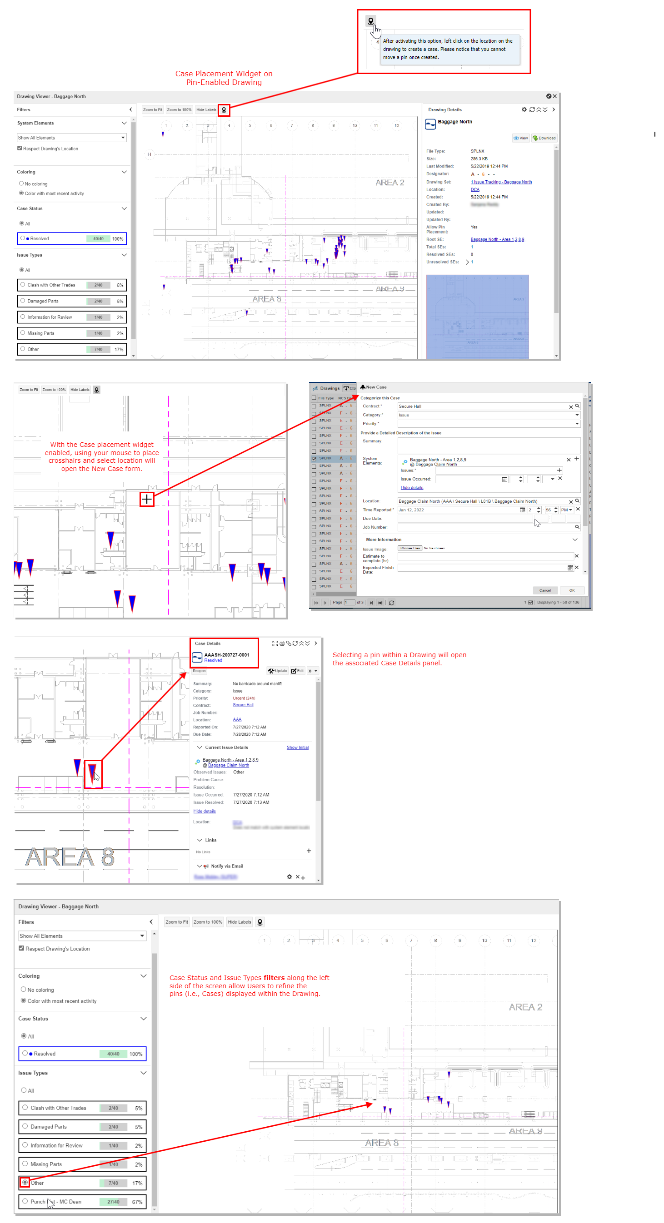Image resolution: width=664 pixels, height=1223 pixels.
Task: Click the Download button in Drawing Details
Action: coord(544,138)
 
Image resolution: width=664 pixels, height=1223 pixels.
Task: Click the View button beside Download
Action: coord(520,138)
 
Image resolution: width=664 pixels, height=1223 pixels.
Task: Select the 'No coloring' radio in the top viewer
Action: coord(21,184)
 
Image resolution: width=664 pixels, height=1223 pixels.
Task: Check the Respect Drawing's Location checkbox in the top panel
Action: coord(20,148)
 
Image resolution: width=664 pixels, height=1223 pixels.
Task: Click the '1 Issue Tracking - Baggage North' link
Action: coord(501,182)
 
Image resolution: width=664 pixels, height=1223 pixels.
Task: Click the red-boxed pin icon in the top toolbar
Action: coord(224,109)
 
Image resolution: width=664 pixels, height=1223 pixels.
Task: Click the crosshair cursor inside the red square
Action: coord(147,499)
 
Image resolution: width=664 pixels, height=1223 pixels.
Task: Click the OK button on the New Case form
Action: coord(572,590)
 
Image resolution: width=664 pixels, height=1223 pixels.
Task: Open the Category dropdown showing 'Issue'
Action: coord(488,415)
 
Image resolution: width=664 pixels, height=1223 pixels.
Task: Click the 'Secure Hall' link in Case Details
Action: coord(243,705)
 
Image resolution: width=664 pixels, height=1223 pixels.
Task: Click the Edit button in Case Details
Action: coord(297,671)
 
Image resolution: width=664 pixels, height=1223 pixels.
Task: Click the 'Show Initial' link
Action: coord(297,747)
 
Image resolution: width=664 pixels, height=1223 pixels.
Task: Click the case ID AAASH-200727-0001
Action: coord(226,655)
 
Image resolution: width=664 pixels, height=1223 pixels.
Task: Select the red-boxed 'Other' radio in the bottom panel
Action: coord(25,1182)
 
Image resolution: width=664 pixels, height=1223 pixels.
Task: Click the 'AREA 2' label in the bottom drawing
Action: coord(525,1007)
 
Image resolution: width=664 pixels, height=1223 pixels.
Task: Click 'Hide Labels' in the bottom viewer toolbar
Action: coord(240,922)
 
